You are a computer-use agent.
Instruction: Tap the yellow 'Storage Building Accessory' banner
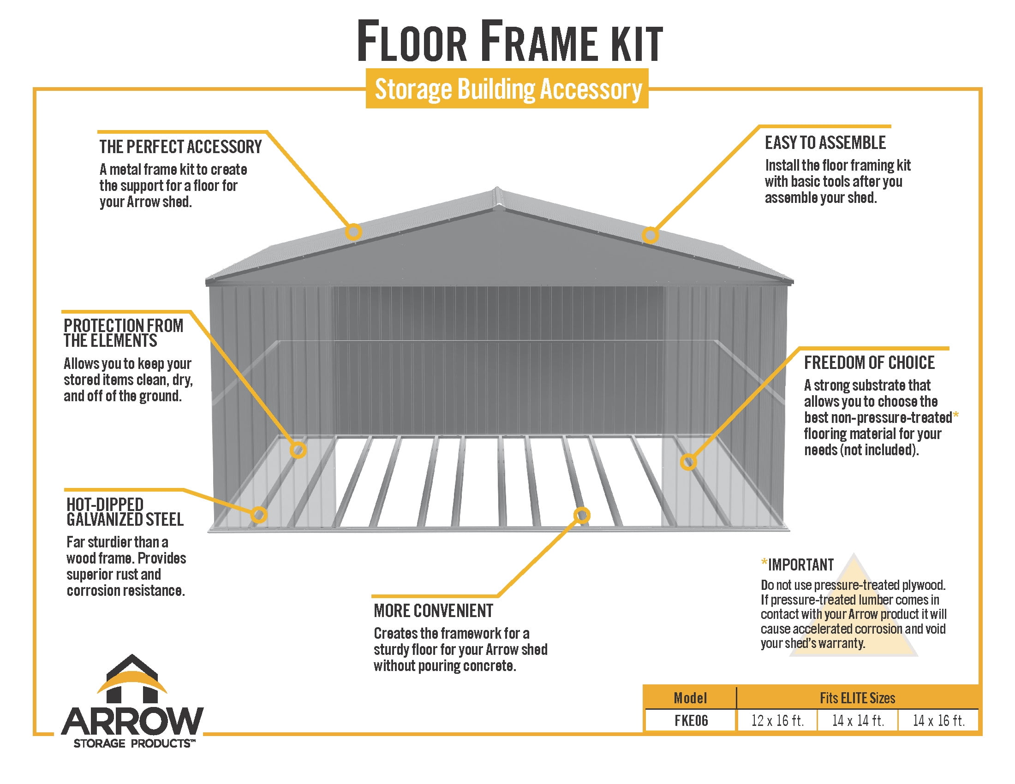click(x=507, y=88)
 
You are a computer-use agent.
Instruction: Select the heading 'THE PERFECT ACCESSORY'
click(x=180, y=147)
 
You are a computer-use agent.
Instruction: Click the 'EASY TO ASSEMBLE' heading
click(x=825, y=143)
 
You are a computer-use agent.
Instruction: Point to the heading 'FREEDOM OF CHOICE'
click(x=870, y=362)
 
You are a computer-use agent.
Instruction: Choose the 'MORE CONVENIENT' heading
click(x=434, y=611)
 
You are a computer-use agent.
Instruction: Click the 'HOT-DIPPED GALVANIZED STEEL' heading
click(x=125, y=512)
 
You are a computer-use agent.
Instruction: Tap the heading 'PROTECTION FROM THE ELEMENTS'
click(x=124, y=333)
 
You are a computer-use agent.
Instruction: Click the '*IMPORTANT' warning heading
click(x=797, y=565)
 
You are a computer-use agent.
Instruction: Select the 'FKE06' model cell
click(x=691, y=720)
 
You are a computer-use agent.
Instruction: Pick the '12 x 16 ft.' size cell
click(x=777, y=720)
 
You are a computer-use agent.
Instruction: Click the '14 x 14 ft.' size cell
click(x=858, y=720)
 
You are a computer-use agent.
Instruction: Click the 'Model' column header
click(x=690, y=698)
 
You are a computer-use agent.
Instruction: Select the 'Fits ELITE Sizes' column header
click(x=858, y=698)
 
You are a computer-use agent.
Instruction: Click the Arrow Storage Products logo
click(x=132, y=701)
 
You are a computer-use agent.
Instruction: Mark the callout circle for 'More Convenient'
click(x=582, y=515)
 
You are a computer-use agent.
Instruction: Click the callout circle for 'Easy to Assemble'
click(x=650, y=235)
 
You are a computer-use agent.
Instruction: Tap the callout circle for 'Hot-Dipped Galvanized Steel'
click(x=259, y=514)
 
